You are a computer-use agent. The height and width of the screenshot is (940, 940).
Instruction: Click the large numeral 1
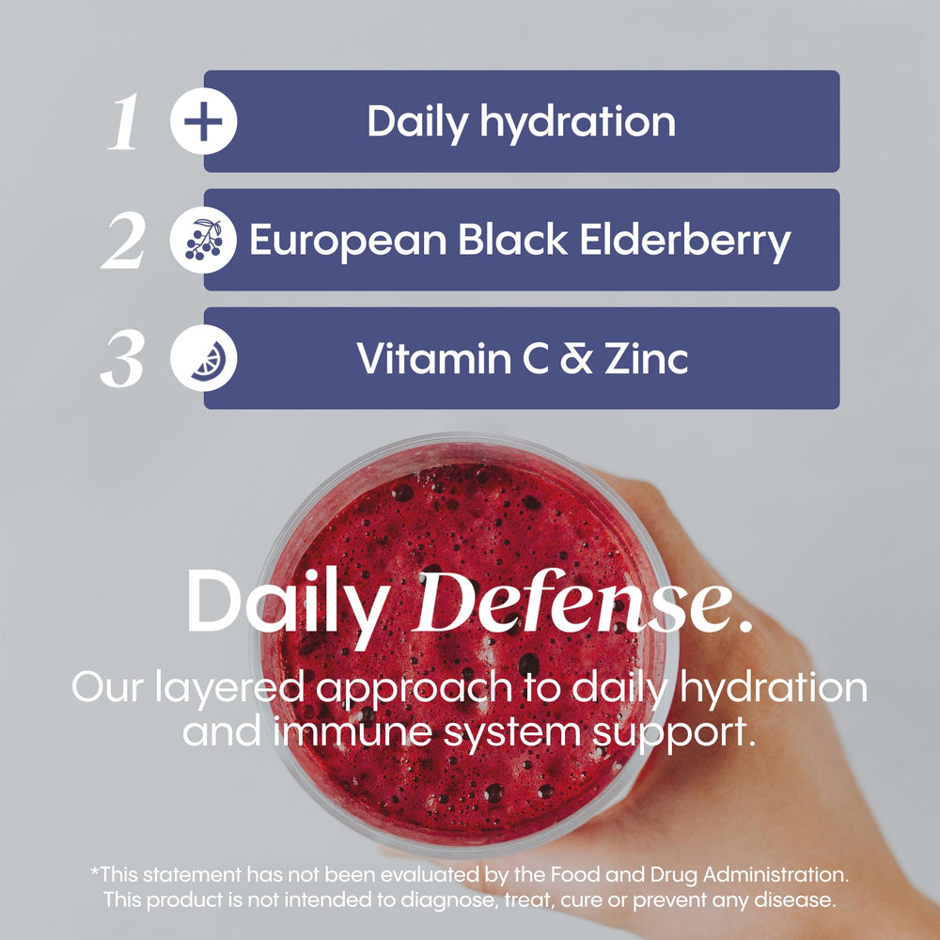pos(123,124)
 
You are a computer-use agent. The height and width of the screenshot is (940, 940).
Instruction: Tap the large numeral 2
pos(124,242)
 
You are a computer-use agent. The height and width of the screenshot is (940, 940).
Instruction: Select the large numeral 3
pos(123,361)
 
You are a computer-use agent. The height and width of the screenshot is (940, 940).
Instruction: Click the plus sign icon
pos(203,123)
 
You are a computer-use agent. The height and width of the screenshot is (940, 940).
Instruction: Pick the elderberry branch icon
pos(203,240)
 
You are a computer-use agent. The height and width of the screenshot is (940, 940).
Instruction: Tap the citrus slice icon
pos(203,360)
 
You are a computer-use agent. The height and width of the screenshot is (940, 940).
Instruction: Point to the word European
pos(347,241)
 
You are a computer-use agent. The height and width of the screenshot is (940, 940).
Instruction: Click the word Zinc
pos(652,358)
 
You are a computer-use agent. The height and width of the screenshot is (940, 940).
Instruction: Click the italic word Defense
pos(583,602)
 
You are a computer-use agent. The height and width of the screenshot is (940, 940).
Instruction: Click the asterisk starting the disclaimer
pos(94,870)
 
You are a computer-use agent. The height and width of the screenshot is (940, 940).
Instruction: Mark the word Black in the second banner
pos(512,241)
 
